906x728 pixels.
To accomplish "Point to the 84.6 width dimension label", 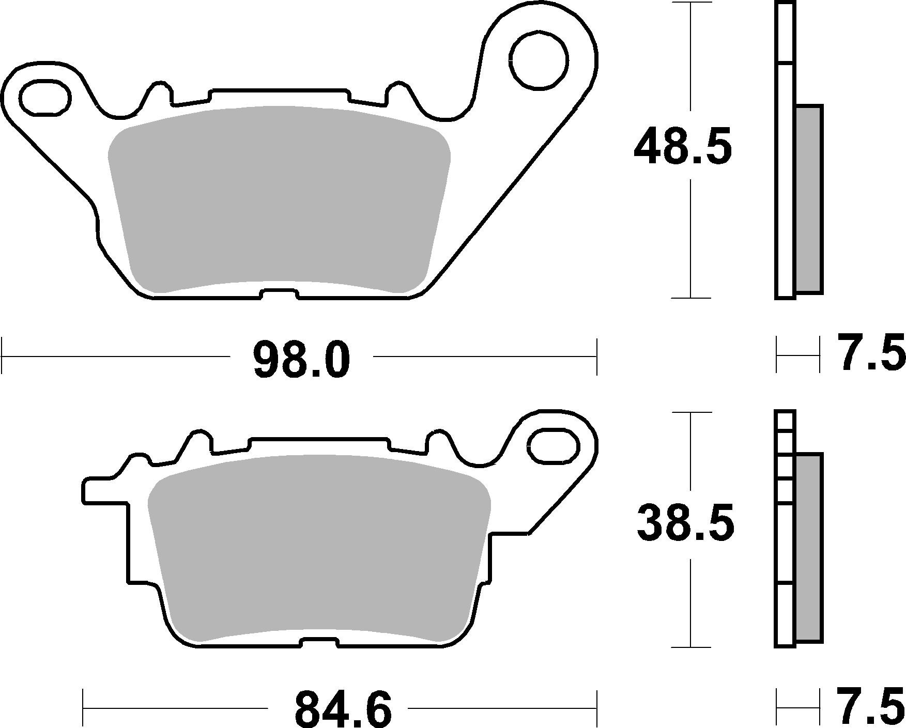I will click(x=343, y=710).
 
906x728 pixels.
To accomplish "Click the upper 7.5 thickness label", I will click(x=870, y=353).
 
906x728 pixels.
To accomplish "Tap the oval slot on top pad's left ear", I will click(x=45, y=97).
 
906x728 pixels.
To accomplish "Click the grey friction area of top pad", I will click(x=279, y=199).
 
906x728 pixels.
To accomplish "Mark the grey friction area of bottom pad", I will click(x=318, y=548).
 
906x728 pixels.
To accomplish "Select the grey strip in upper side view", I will click(x=809, y=199).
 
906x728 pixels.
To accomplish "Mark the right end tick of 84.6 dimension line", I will click(x=597, y=708).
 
